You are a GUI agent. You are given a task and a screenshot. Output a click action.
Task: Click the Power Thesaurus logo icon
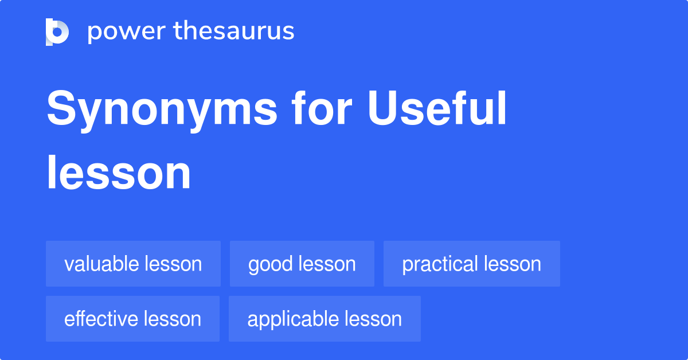click(57, 32)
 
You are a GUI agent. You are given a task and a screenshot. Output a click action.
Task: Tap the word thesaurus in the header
click(234, 32)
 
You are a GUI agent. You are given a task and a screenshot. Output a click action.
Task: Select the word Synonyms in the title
click(162, 111)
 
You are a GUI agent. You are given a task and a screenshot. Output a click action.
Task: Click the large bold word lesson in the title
click(119, 173)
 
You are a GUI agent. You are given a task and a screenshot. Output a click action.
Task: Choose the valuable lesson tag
click(133, 264)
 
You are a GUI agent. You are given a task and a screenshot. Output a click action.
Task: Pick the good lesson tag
click(302, 264)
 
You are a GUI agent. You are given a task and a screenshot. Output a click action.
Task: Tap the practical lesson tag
click(471, 264)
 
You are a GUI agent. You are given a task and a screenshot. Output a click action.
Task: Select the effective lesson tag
click(132, 319)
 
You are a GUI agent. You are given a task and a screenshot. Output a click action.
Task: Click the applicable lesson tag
click(325, 319)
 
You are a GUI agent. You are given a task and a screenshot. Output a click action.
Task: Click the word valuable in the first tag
click(101, 264)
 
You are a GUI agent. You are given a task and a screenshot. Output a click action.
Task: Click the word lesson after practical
click(513, 264)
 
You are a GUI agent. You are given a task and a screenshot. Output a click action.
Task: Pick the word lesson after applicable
click(374, 319)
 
